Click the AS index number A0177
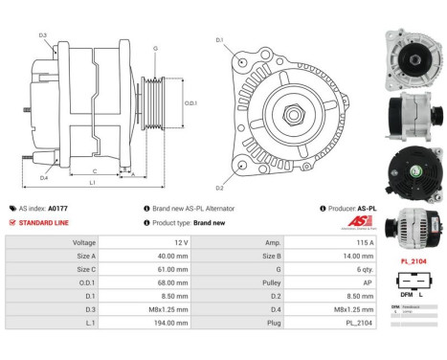[58, 207]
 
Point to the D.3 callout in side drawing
[43, 35]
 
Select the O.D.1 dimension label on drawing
[190, 102]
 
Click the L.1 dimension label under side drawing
[92, 182]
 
